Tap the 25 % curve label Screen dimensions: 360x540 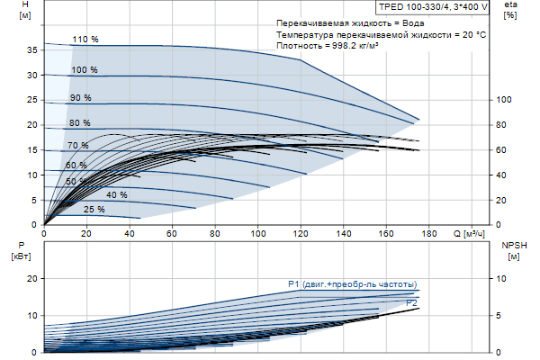(94, 209)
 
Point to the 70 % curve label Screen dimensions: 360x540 (77, 145)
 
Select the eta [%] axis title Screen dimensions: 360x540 (510, 10)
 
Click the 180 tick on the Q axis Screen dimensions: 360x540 (429, 234)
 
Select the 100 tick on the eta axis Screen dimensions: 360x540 (505, 100)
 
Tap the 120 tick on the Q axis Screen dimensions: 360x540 (302, 234)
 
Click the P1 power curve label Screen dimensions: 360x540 (352, 284)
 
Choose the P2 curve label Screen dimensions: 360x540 (411, 302)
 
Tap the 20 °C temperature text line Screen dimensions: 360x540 (382, 31)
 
